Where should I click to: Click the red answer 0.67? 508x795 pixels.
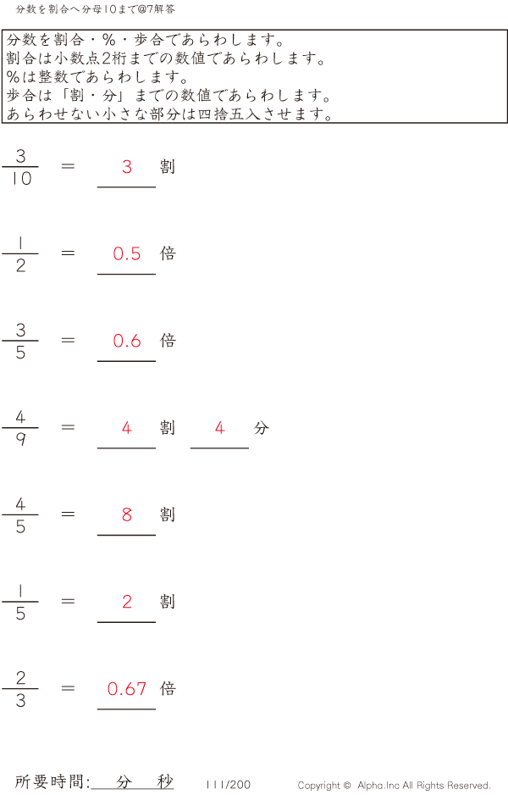[x=127, y=689]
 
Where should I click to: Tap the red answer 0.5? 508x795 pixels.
[x=127, y=253]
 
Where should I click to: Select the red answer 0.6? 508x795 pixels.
[x=127, y=341]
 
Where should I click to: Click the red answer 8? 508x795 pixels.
[x=127, y=514]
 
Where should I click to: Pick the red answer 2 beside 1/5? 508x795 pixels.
[x=127, y=602]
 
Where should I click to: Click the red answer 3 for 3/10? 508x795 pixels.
[x=127, y=167]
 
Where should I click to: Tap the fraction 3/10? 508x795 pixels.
[x=21, y=167]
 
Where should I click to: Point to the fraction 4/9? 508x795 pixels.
[x=20, y=428]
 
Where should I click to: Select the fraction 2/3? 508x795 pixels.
[x=20, y=689]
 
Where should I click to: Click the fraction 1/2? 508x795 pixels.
[x=20, y=254]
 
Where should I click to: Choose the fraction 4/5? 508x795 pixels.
[x=20, y=515]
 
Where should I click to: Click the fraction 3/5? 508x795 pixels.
[x=20, y=341]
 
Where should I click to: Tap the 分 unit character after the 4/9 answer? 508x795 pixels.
[x=261, y=428]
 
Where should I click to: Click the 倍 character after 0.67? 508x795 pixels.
[x=168, y=688]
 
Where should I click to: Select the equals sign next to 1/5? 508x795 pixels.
[x=69, y=602]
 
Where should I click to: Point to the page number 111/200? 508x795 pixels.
[x=228, y=785]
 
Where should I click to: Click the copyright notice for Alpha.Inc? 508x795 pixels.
[x=394, y=786]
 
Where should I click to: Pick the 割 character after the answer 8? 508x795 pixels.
[x=168, y=514]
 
